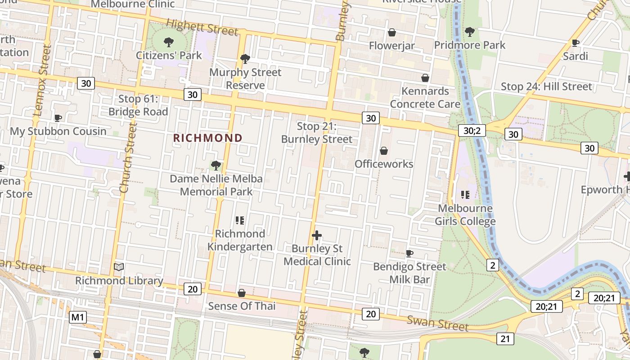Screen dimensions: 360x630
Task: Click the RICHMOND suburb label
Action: (x=208, y=138)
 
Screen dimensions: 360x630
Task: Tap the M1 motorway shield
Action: (x=77, y=317)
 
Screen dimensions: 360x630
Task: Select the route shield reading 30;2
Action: (x=472, y=130)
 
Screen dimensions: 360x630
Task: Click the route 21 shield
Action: (x=505, y=338)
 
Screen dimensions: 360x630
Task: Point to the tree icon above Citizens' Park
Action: (x=169, y=43)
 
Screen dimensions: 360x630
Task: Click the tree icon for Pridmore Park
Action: (x=469, y=32)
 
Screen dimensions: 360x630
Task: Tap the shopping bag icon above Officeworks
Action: (x=384, y=151)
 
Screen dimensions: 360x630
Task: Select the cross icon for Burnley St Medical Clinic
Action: (x=317, y=235)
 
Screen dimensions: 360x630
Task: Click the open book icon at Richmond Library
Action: (x=119, y=267)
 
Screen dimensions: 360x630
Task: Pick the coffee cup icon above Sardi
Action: (x=575, y=43)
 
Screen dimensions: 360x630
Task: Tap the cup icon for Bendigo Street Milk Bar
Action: (x=409, y=253)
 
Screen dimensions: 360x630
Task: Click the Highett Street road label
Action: (x=202, y=27)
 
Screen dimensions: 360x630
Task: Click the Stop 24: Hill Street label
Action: (x=546, y=86)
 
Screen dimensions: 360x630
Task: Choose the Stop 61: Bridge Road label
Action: (x=138, y=105)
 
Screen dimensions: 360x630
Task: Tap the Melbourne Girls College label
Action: (x=465, y=215)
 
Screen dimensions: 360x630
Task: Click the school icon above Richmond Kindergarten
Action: (x=240, y=220)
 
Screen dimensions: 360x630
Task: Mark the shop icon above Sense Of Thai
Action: (x=242, y=293)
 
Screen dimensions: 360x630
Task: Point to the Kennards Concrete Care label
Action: (x=425, y=98)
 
